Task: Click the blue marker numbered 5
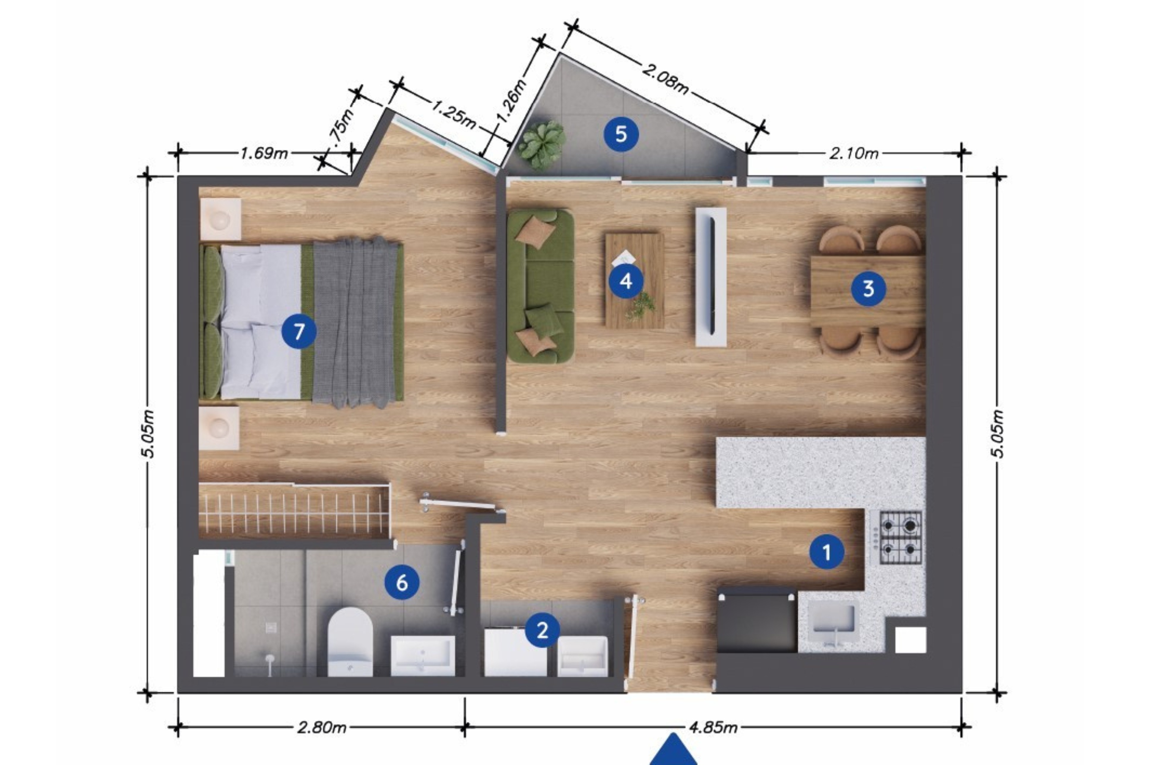tap(621, 134)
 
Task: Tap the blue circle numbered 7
tap(299, 332)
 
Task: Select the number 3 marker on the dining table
tap(869, 289)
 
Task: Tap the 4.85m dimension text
tap(713, 728)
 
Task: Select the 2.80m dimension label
tap(322, 728)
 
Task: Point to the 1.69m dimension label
tap(264, 153)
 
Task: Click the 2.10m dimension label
tap(854, 153)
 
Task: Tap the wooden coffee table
tap(634, 281)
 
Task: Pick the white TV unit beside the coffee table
tap(711, 277)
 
